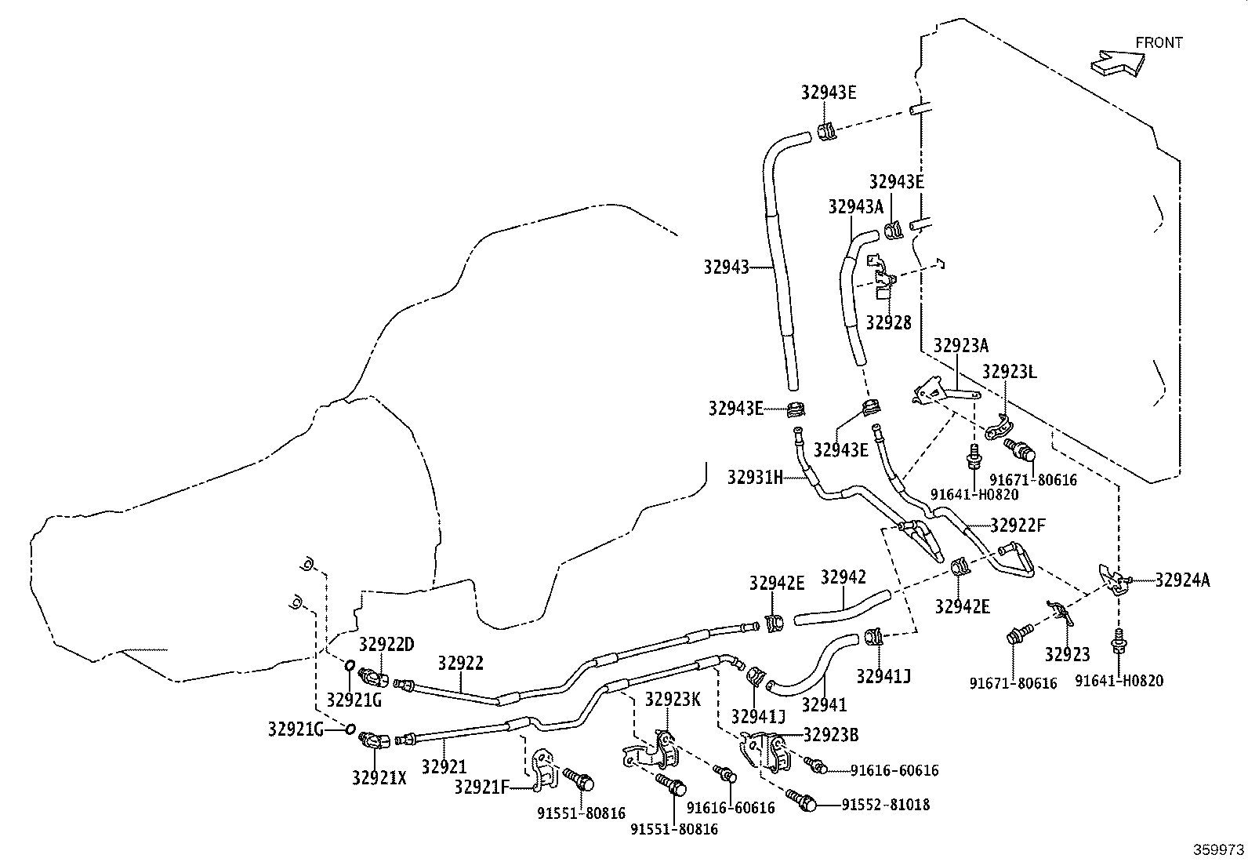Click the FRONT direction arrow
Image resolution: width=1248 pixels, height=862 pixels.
(1117, 63)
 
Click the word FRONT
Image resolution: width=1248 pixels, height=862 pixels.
(1159, 43)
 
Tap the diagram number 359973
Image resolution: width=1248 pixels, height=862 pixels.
(1218, 849)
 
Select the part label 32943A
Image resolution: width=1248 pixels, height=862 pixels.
(856, 207)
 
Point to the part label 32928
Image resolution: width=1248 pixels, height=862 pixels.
(889, 322)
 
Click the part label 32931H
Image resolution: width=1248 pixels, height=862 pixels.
(755, 478)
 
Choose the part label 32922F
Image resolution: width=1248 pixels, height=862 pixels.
(1018, 526)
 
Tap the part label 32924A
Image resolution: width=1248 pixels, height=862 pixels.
(1182, 580)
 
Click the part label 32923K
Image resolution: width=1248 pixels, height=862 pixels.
(673, 699)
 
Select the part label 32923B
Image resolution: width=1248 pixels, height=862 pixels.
(831, 736)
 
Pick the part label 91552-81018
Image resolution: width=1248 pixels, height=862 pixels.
(886, 805)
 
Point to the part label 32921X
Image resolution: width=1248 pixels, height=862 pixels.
(379, 778)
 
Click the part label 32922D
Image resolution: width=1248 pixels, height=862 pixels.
(386, 645)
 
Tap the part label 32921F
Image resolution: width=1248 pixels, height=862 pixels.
(482, 787)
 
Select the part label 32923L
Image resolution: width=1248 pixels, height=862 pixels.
(1009, 372)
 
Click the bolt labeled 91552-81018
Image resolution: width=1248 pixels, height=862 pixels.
(802, 800)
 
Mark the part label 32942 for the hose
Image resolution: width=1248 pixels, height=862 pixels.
(843, 577)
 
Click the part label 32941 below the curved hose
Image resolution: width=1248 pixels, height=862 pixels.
(824, 705)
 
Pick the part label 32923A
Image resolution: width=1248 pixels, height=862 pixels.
(961, 346)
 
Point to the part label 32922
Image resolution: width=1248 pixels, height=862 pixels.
(460, 664)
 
